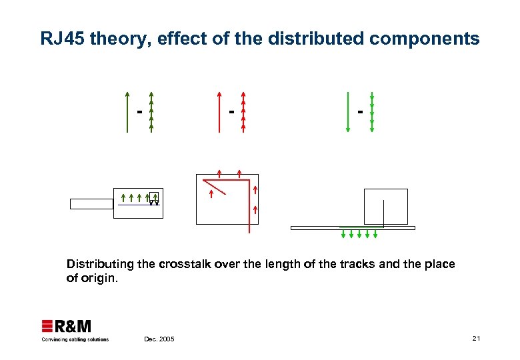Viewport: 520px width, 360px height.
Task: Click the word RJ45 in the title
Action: (62, 39)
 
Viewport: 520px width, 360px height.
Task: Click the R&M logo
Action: (67, 326)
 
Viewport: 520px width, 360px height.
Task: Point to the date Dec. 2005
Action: (159, 339)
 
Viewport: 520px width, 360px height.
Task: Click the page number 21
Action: (476, 339)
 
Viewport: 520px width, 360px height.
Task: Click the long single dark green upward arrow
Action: (127, 112)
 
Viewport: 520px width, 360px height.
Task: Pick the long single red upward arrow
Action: (219, 112)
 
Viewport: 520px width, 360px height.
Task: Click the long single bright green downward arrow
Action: (347, 112)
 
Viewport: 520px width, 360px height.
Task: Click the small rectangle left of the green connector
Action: (92, 204)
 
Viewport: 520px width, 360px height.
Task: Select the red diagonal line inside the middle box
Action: (215, 186)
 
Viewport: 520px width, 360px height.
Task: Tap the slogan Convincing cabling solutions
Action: (75, 339)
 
